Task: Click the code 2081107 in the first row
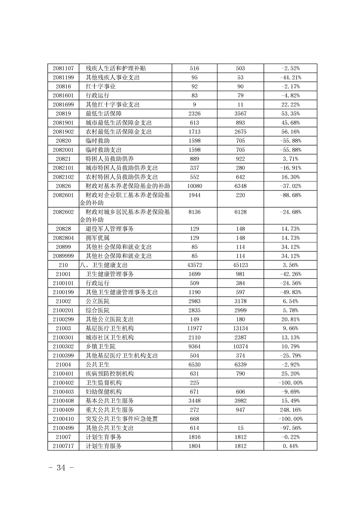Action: pos(63,69)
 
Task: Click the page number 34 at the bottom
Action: pos(61,468)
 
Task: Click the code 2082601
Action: pos(63,195)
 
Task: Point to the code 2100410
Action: pos(63,419)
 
